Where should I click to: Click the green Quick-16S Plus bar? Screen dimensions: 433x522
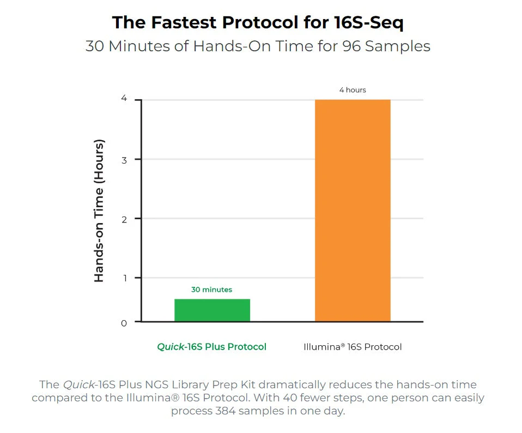[x=212, y=310]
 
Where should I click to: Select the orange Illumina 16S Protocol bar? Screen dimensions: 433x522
[x=353, y=211]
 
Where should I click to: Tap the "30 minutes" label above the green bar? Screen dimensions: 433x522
[x=211, y=290]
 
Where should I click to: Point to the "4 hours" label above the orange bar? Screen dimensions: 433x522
[x=353, y=89]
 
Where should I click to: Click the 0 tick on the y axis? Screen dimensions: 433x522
[x=124, y=323]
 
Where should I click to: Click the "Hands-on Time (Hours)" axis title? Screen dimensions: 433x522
[x=99, y=211]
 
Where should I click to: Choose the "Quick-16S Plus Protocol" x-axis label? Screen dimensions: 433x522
[x=211, y=347]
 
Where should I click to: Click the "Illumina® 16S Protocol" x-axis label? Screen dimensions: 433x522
[x=353, y=347]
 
